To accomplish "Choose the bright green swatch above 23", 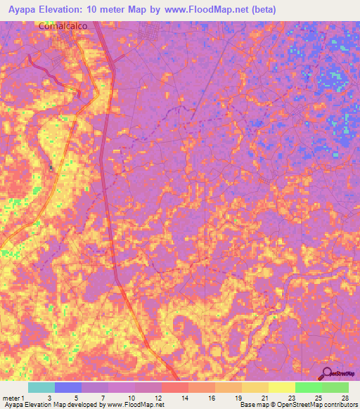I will click(309, 387).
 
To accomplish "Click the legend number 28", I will click(344, 397).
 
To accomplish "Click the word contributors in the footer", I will click(336, 405).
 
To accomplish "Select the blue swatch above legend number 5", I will click(68, 387).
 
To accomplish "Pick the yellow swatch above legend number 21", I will click(255, 387).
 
